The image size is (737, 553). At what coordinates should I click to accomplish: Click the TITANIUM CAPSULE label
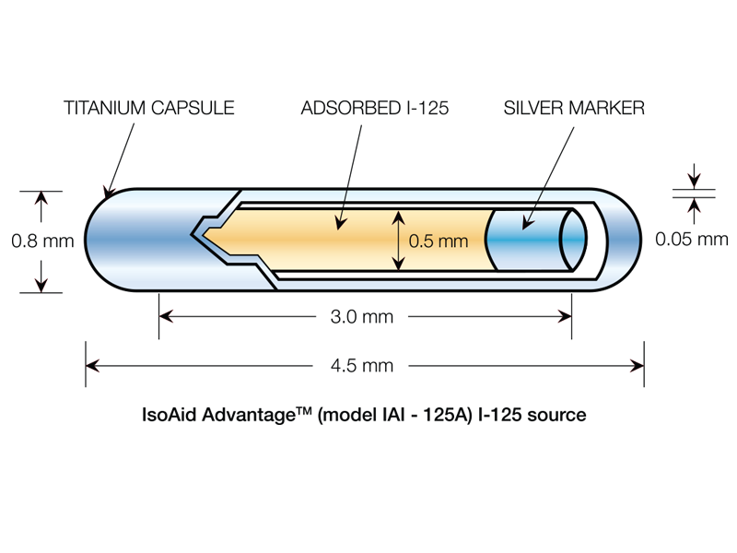(148, 109)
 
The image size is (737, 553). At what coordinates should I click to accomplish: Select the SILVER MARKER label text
(574, 109)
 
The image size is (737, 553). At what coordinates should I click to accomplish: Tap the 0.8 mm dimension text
(41, 241)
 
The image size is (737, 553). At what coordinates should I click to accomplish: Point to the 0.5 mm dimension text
(438, 242)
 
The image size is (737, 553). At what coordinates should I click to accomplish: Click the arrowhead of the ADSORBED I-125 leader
(338, 224)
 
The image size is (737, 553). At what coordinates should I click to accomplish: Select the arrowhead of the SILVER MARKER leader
(526, 224)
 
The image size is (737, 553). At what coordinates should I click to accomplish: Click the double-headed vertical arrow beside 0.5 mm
(398, 241)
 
